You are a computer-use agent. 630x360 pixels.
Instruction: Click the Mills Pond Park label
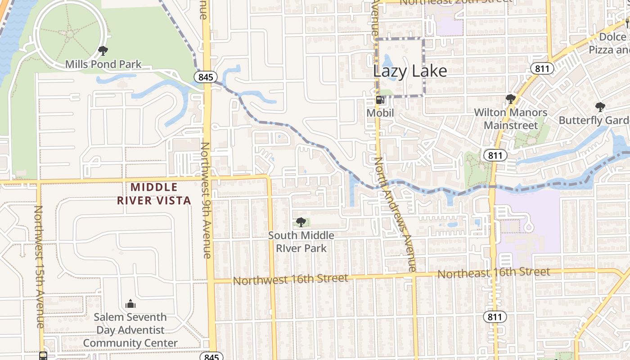pyautogui.click(x=103, y=64)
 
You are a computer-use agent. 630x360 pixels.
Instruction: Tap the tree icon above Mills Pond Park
pyautogui.click(x=103, y=51)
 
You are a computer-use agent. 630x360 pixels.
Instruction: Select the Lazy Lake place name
pyautogui.click(x=410, y=71)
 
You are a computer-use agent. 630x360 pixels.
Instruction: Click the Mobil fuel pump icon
pyautogui.click(x=380, y=100)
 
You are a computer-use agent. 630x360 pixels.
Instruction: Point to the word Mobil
pyautogui.click(x=380, y=112)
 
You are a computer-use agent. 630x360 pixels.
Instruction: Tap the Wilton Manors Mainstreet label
pyautogui.click(x=511, y=119)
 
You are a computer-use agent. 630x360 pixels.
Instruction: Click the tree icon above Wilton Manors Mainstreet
pyautogui.click(x=510, y=99)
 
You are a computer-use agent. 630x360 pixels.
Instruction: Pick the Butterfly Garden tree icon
pyautogui.click(x=600, y=107)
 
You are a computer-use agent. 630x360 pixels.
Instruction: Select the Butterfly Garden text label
pyautogui.click(x=594, y=121)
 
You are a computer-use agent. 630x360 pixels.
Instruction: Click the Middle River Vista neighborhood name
pyautogui.click(x=154, y=193)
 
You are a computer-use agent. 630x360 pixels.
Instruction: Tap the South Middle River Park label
pyautogui.click(x=301, y=242)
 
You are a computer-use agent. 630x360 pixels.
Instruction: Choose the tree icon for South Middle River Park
pyautogui.click(x=301, y=222)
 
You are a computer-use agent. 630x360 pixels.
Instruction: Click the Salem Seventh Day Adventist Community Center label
pyautogui.click(x=130, y=330)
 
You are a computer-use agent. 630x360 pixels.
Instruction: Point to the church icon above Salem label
pyautogui.click(x=130, y=304)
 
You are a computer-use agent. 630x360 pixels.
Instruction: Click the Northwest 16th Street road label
pyautogui.click(x=290, y=279)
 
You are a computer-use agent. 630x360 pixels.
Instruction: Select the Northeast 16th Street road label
pyautogui.click(x=494, y=272)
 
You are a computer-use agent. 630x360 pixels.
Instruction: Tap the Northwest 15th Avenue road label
pyautogui.click(x=39, y=266)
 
